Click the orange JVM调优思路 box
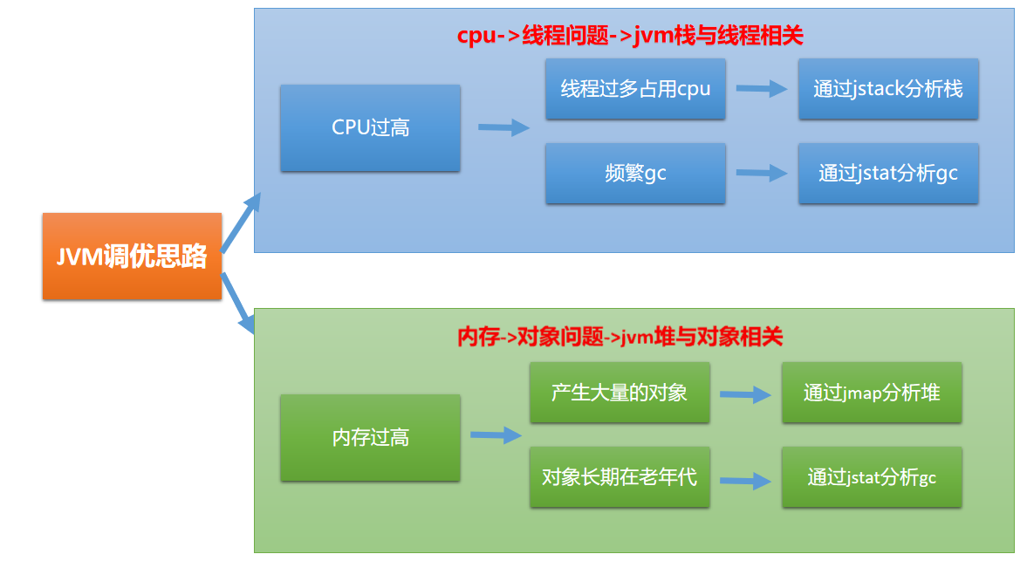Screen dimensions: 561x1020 132,257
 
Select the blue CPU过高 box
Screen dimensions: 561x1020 370,128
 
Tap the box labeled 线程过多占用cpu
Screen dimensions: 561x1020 635,89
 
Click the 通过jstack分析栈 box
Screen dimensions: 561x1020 888,89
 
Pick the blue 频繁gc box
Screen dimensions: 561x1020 635,174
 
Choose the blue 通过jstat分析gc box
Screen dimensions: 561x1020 888,174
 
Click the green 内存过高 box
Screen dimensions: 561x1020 370,437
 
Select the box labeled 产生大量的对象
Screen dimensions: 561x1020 620,393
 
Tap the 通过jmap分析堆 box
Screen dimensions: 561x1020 872,393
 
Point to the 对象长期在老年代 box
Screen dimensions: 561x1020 620,477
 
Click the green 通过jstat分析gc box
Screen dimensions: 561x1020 872,477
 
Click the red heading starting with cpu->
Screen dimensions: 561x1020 629,36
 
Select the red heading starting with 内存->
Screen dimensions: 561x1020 620,337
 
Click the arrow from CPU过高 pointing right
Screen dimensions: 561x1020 503,127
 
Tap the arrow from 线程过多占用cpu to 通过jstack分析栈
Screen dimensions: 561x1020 762,88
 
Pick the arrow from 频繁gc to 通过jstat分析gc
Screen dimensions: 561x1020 762,174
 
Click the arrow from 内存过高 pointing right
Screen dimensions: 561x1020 496,435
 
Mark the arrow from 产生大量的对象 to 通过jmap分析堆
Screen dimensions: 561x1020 745,394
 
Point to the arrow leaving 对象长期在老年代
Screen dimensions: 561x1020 745,480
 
